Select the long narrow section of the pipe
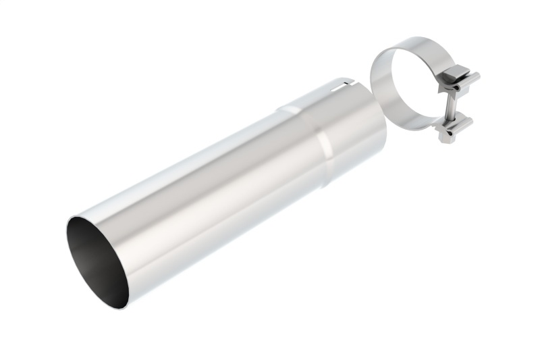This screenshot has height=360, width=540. tap(202, 196)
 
